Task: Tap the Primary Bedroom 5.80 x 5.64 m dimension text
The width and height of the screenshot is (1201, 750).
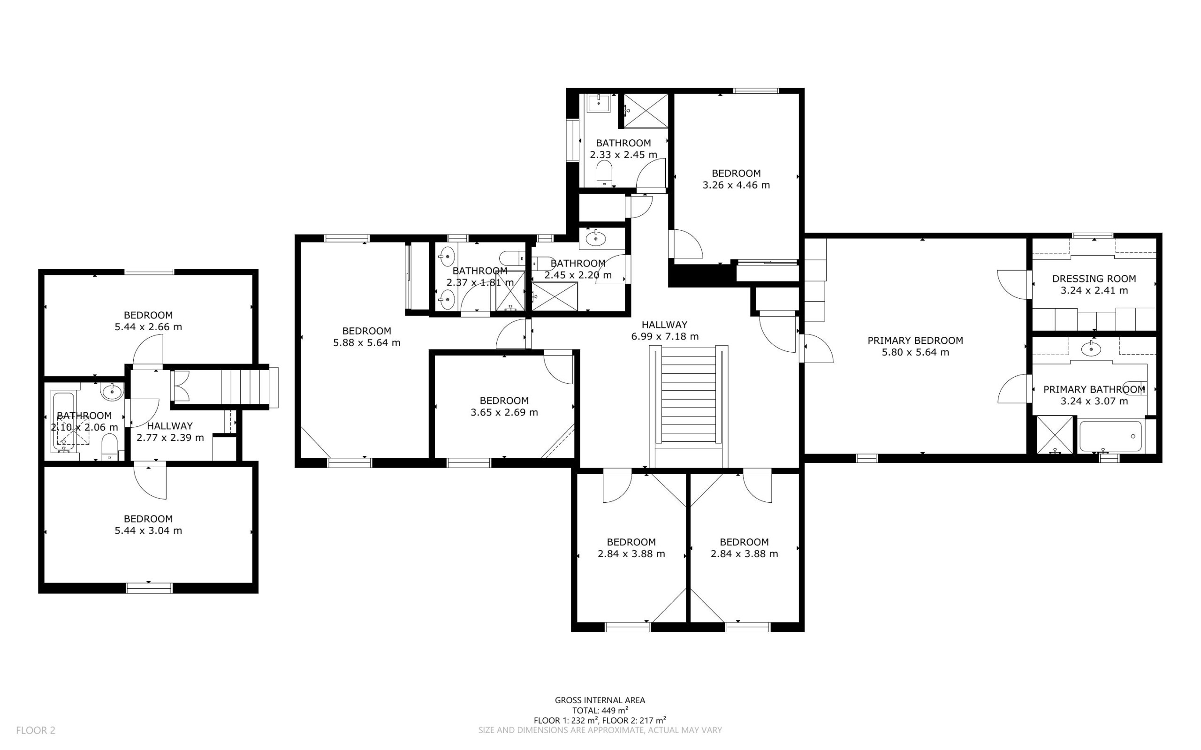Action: point(915,352)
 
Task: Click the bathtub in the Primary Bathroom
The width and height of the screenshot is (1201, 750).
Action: point(1111,436)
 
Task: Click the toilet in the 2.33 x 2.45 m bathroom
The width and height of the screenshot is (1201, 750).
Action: point(605,174)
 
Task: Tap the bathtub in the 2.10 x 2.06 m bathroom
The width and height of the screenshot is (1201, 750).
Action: point(63,422)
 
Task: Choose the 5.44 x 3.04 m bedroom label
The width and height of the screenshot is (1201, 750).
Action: point(148,524)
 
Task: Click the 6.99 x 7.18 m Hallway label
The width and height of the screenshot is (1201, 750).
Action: point(665,330)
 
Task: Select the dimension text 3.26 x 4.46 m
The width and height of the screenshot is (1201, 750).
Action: point(736,185)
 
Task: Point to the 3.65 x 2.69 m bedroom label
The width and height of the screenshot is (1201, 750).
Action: point(504,406)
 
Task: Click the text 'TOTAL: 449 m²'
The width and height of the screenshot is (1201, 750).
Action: point(600,710)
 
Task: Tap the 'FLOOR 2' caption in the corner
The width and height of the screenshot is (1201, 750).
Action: point(36,730)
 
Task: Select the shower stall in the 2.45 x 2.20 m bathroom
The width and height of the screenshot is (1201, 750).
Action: point(555,296)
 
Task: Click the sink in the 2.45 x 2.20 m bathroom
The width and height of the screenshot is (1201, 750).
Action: point(595,239)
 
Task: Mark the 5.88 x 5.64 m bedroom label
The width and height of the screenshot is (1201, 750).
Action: point(366,337)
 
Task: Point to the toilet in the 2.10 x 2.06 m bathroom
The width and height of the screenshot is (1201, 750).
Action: point(109,447)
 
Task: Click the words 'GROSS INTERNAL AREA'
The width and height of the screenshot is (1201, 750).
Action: point(600,700)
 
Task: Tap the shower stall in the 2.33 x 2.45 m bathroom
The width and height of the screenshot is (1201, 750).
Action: point(646,111)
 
